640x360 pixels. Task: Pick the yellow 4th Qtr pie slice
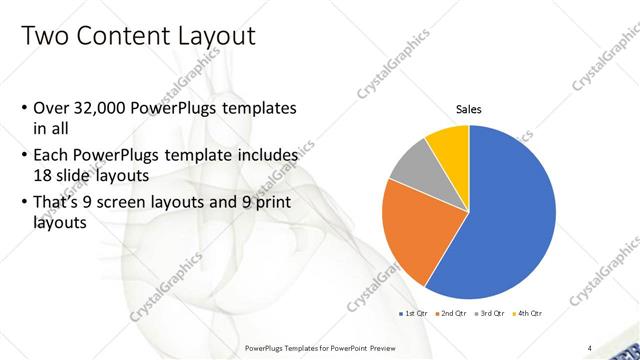(x=449, y=150)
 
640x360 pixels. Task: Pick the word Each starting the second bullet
(x=50, y=156)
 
